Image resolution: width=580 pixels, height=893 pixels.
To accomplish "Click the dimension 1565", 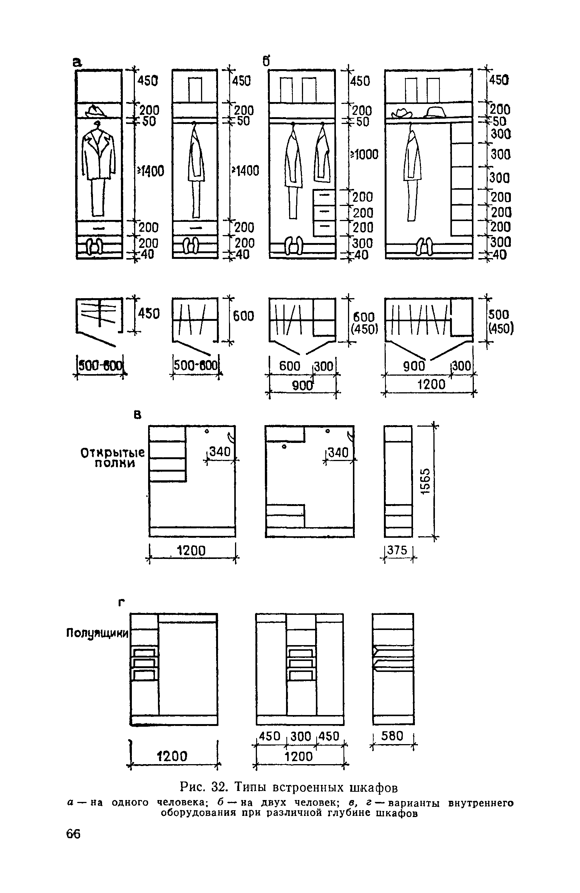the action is [425, 481].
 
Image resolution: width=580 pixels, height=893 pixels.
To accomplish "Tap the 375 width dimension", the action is [397, 550].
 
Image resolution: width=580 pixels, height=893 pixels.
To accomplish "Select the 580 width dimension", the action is [393, 735].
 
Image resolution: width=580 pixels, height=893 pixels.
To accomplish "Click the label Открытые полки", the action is [113, 458].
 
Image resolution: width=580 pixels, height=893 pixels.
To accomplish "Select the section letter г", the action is [122, 603].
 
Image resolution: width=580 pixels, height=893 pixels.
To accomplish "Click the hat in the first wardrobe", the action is [96, 111].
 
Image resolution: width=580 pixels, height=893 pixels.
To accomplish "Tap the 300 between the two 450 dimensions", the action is [302, 735].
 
